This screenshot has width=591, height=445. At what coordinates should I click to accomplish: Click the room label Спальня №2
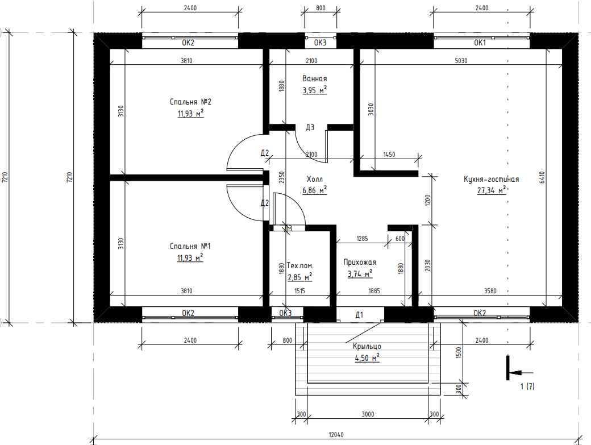[190, 102]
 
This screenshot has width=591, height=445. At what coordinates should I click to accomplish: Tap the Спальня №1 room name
[190, 246]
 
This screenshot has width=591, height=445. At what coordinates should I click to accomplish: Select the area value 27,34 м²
[491, 190]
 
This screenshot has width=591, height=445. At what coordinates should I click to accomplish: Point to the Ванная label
[314, 78]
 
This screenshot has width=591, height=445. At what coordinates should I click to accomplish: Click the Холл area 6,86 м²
[314, 190]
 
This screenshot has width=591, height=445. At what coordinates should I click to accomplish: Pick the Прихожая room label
[360, 262]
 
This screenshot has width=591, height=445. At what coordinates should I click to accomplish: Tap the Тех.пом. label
[300, 265]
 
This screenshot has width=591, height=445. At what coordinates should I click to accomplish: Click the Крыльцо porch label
[367, 346]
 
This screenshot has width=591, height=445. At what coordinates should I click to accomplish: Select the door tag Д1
[359, 315]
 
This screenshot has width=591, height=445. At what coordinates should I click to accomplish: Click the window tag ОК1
[480, 43]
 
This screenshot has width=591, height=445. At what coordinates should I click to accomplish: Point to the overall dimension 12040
[336, 434]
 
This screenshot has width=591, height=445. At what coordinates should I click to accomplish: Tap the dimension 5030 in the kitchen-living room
[461, 61]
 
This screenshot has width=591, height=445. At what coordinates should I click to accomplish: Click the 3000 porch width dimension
[368, 414]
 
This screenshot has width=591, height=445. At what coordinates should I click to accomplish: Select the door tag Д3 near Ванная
[310, 127]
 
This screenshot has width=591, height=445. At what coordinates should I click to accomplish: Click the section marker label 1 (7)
[527, 386]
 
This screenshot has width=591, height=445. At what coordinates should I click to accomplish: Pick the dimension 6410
[542, 177]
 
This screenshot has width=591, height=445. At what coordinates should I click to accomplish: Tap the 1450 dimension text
[389, 155]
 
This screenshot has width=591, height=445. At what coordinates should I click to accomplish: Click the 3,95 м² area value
[314, 90]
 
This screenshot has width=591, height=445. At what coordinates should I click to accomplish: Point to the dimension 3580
[490, 291]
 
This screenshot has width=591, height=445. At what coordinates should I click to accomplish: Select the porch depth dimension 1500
[459, 352]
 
